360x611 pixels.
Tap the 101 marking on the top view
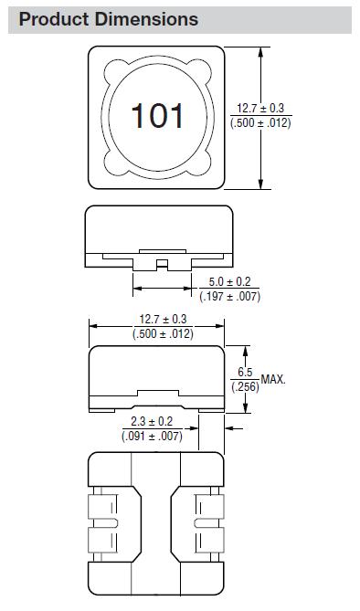coord(157,116)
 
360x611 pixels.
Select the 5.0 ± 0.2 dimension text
coord(229,281)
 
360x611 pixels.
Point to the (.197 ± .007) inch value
coord(229,297)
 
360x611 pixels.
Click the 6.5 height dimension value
coord(245,373)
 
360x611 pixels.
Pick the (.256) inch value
coord(245,387)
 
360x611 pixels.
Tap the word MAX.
coord(273,379)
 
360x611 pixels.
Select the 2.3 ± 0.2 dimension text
coord(152,421)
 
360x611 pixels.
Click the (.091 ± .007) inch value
coord(152,436)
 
